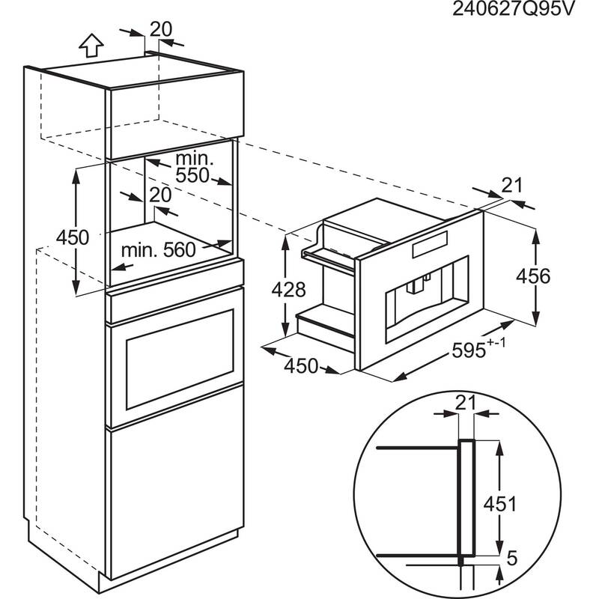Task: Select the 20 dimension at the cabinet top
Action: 160,28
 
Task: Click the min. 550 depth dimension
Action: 194,167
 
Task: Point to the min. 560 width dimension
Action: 159,249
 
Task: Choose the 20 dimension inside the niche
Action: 160,194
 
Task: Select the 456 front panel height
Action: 554,276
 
